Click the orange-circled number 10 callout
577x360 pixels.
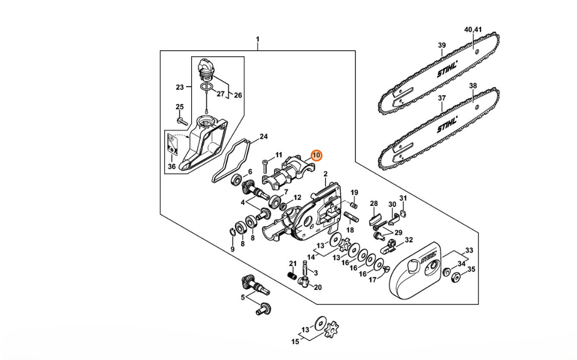316,156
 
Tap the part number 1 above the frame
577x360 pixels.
258,39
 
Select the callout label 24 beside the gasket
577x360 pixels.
264,137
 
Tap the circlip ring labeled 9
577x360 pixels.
232,231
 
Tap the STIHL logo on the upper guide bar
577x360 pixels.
447,69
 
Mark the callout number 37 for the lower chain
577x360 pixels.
442,98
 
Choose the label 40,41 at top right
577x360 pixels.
473,29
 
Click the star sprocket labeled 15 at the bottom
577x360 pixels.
332,329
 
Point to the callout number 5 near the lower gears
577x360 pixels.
242,297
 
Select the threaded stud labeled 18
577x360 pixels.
351,217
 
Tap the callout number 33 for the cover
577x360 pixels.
469,250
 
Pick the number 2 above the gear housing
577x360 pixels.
326,174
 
